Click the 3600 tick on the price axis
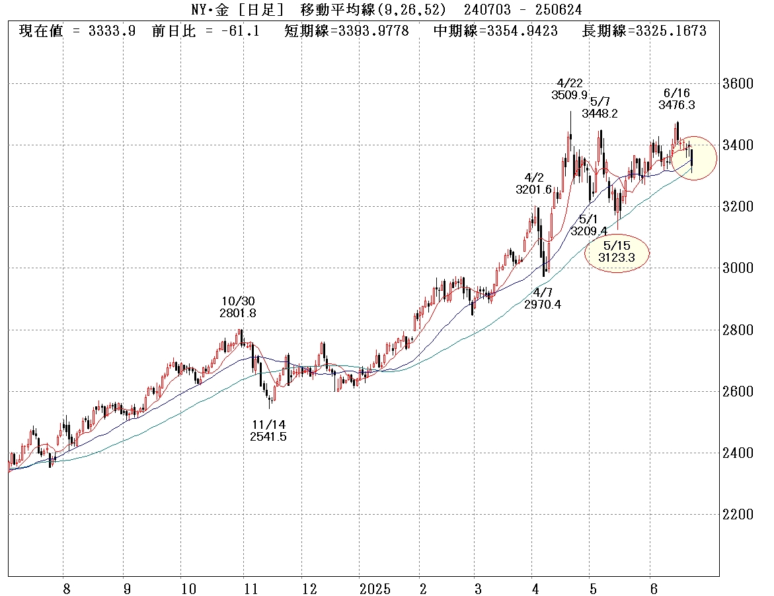coord(736,84)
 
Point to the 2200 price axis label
coord(736,515)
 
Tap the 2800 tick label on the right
coord(736,330)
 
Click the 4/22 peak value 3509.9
coord(569,94)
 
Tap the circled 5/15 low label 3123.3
coord(616,258)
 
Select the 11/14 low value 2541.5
coord(268,436)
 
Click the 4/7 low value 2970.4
coord(543,304)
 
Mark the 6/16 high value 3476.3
coord(676,104)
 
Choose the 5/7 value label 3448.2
coord(600,113)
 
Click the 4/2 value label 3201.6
coord(533,190)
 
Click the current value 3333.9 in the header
coord(112,31)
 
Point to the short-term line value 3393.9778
coord(374,31)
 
